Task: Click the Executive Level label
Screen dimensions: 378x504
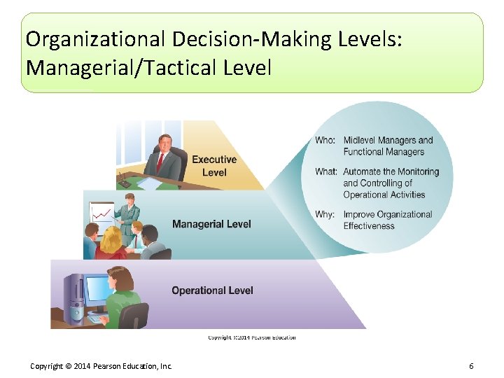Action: (214, 166)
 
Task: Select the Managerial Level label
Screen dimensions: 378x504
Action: (211, 224)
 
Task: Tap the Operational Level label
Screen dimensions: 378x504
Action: (212, 290)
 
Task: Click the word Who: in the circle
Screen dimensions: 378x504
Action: (325, 141)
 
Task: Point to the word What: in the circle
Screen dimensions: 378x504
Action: (326, 171)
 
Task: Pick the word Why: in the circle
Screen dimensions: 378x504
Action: (325, 215)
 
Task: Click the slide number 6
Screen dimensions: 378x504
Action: (471, 366)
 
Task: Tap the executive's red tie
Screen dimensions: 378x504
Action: (160, 162)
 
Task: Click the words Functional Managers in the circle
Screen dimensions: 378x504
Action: (384, 152)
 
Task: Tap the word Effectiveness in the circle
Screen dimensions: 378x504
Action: (369, 226)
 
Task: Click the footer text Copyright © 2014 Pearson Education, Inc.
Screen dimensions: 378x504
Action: (101, 366)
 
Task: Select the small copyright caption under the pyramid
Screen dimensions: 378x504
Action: (251, 337)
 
